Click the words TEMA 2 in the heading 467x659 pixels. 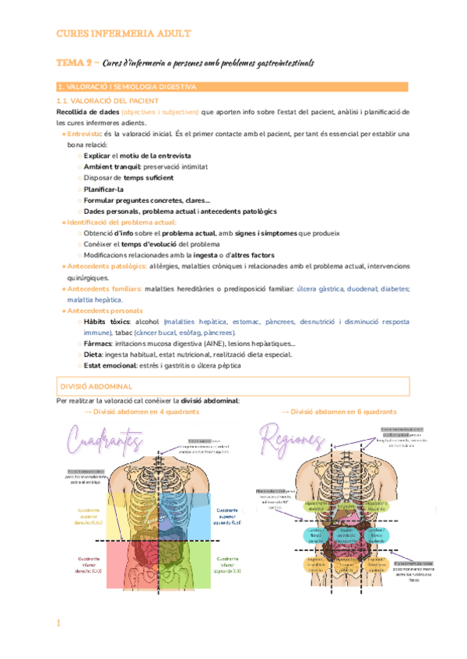point(75,62)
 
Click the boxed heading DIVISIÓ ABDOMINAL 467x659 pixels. point(97,385)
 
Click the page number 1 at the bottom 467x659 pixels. point(59,624)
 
